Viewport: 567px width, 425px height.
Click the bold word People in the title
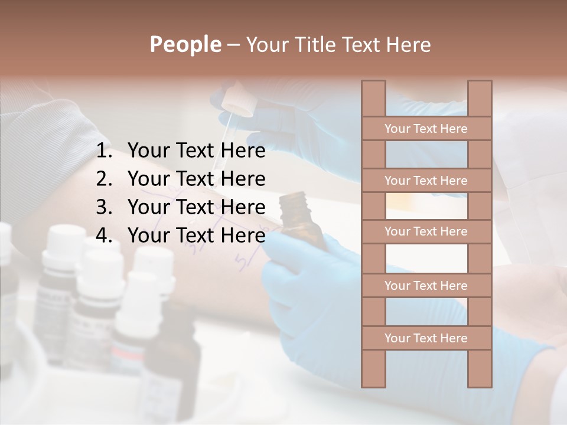click(185, 44)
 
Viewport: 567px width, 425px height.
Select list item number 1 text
click(196, 151)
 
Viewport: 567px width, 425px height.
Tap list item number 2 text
click(196, 179)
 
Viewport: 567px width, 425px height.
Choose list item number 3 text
click(196, 207)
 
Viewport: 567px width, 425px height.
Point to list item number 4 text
click(196, 236)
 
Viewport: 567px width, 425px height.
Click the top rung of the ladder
click(426, 129)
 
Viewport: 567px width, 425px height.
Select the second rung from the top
click(426, 181)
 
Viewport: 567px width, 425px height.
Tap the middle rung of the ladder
click(426, 231)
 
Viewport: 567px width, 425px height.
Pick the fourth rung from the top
click(426, 286)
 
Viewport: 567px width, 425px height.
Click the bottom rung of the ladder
click(426, 338)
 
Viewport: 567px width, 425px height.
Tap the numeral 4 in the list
click(103, 236)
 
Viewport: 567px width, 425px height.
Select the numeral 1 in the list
click(103, 151)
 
